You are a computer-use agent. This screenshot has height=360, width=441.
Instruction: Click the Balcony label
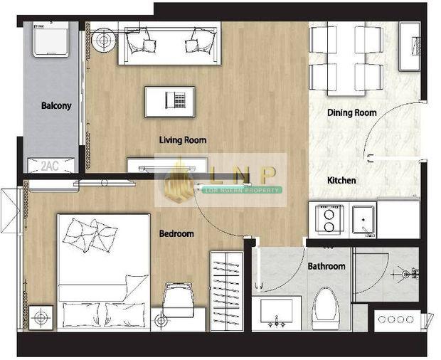coord(56,106)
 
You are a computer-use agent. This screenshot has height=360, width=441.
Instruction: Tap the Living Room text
coord(183,140)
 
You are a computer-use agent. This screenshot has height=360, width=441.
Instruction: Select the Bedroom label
coord(176,233)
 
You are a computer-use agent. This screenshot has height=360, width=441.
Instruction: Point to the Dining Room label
coord(352,113)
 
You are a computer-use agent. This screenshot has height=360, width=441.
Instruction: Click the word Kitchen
coord(341,180)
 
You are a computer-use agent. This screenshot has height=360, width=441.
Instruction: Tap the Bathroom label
coord(326,266)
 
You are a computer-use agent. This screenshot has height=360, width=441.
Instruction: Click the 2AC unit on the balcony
coord(51,165)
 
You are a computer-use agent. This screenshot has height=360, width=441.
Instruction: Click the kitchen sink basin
coord(363,221)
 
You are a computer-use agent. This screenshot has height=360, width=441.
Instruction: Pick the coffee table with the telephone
coord(169,102)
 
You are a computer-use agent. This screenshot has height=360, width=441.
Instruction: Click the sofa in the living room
coord(169,43)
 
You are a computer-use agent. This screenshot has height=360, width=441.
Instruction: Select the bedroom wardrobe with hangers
coord(227,291)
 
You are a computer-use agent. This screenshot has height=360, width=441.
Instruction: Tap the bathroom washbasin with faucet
coord(277,313)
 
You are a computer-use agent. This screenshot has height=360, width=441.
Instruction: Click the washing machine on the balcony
coord(51,39)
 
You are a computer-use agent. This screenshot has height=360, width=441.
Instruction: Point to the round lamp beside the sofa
coord(104,40)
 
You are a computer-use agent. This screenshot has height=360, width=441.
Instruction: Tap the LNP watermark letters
coord(243,176)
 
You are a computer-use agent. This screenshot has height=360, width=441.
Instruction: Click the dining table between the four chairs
coord(346,58)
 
